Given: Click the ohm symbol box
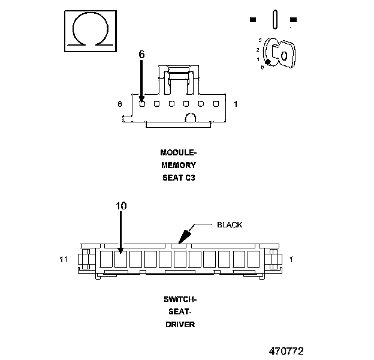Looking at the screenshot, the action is (91, 31).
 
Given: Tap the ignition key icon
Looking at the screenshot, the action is (280, 53).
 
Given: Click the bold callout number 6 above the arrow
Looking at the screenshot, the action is (141, 55).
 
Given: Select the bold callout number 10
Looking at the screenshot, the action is (121, 206).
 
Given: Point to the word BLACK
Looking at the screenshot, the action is (230, 225).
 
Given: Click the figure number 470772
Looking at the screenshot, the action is (286, 351).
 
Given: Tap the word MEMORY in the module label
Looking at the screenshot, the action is (179, 165).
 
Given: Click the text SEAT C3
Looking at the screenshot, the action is (179, 178).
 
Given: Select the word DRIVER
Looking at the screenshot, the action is (180, 325).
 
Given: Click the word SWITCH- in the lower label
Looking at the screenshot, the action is (180, 299).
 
